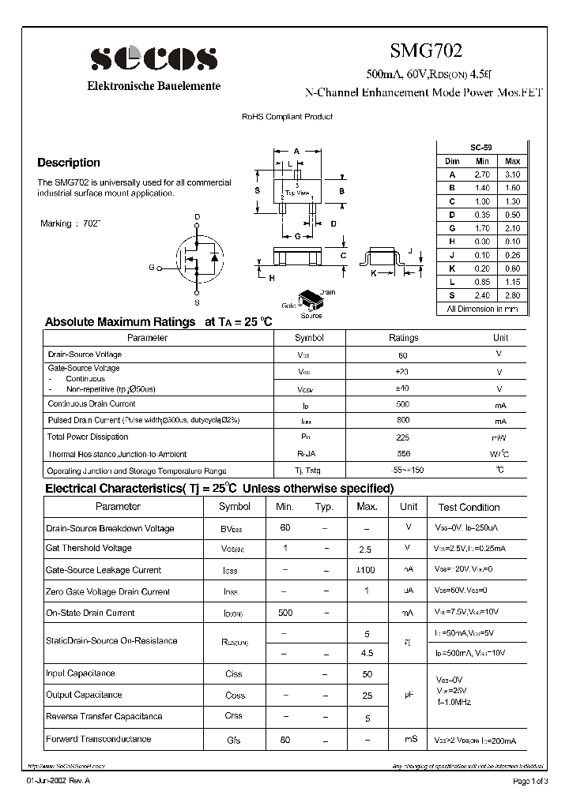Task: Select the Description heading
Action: (x=69, y=163)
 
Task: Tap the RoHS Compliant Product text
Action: (x=287, y=117)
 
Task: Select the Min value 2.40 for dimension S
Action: (x=482, y=295)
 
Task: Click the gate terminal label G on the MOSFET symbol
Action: (x=151, y=268)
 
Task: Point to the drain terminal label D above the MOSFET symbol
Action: (x=197, y=217)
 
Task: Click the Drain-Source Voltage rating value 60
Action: (x=403, y=354)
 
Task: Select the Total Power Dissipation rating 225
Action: (x=403, y=437)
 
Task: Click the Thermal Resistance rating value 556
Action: (x=403, y=454)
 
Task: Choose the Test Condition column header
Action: (x=469, y=508)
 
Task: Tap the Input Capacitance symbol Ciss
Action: (x=234, y=674)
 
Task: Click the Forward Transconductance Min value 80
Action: (x=284, y=740)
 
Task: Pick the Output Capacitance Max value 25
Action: (x=367, y=696)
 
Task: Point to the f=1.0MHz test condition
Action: (x=456, y=701)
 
